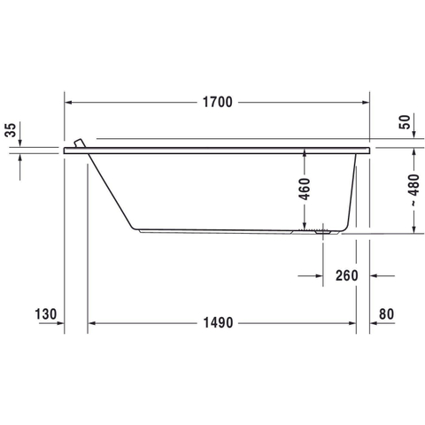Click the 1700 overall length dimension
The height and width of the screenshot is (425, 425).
pyautogui.click(x=218, y=102)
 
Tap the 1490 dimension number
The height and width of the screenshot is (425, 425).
pyautogui.click(x=218, y=322)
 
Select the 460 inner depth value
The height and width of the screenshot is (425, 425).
pyautogui.click(x=305, y=189)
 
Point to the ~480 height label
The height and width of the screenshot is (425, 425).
pyautogui.click(x=414, y=190)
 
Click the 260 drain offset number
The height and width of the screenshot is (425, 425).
pyautogui.click(x=347, y=275)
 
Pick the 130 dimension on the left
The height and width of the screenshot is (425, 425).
pyautogui.click(x=45, y=314)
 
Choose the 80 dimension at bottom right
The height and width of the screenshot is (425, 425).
pyautogui.click(x=386, y=314)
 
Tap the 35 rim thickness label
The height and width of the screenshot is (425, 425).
pyautogui.click(x=11, y=130)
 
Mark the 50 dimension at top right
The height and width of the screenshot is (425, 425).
pyautogui.click(x=405, y=122)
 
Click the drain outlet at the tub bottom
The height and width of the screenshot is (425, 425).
pyautogui.click(x=323, y=231)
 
